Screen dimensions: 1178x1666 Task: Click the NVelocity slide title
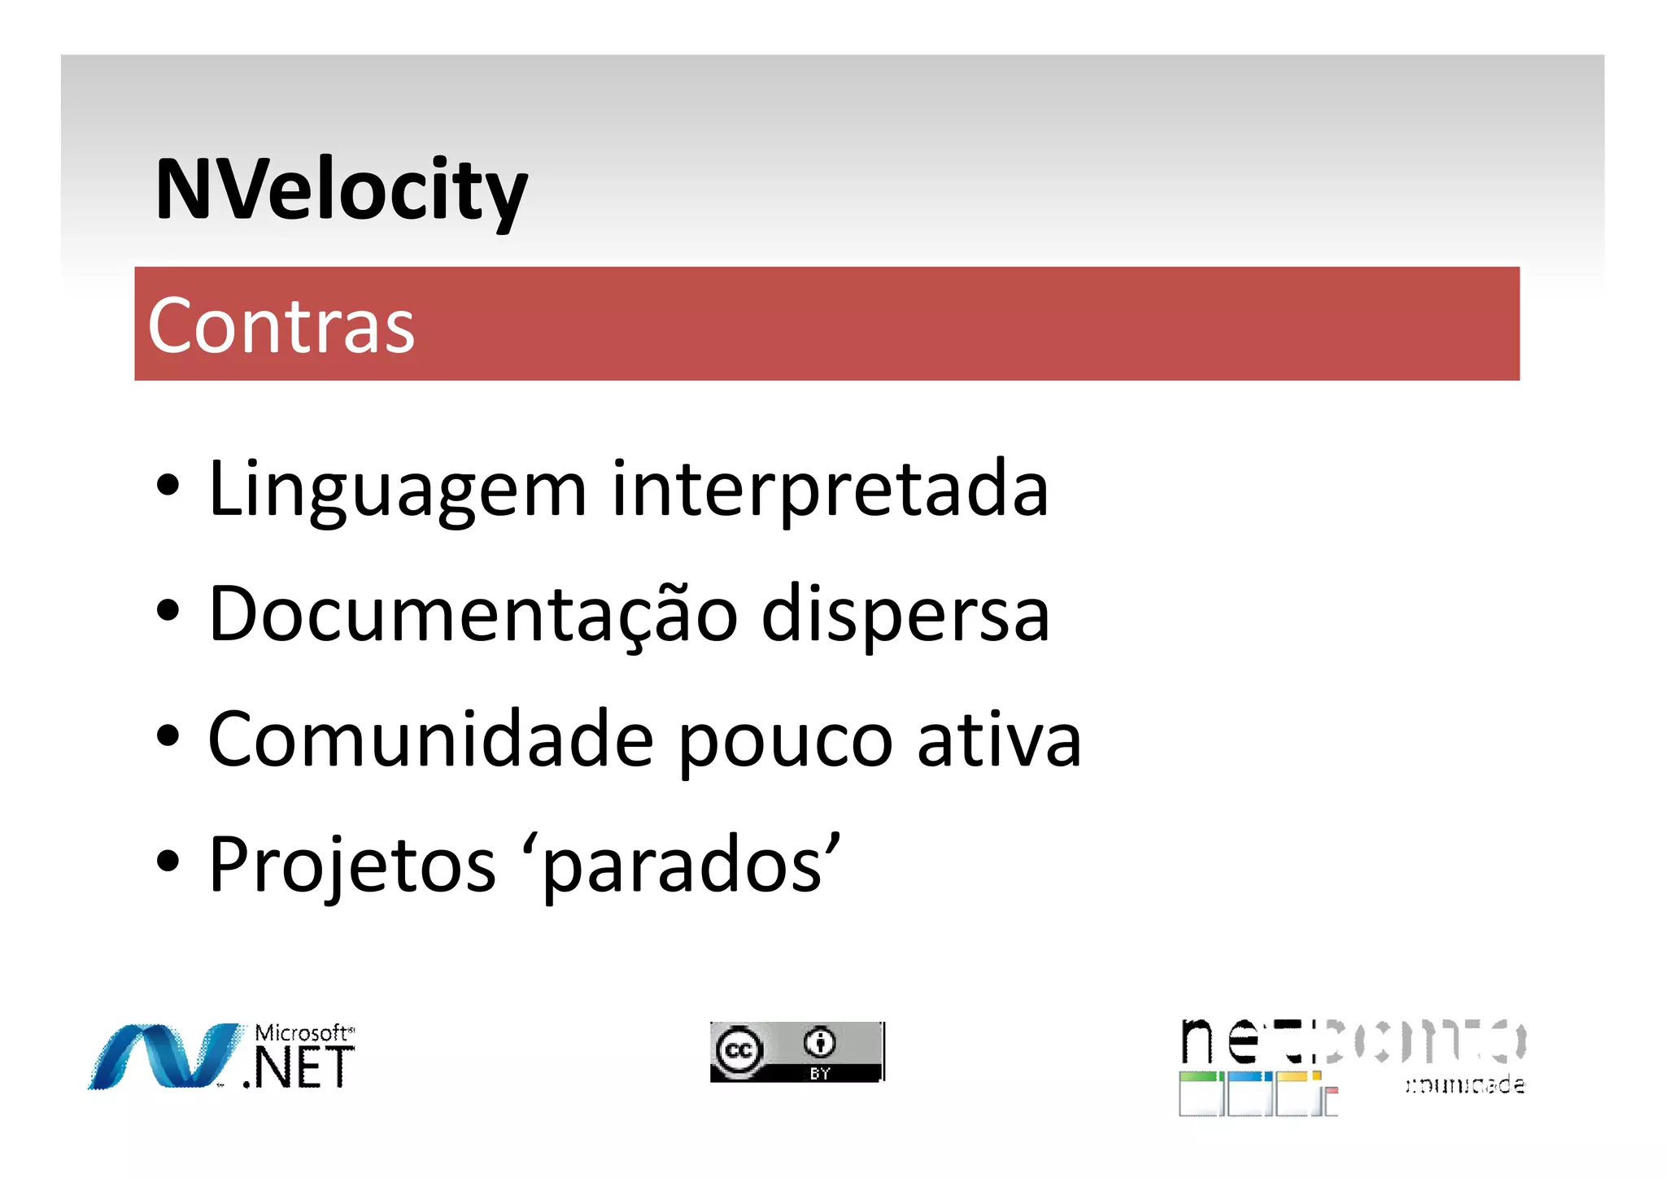click(x=341, y=190)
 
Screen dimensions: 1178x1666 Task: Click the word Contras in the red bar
click(x=281, y=325)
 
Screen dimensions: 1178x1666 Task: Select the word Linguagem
click(x=397, y=490)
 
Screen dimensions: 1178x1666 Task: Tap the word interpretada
click(x=830, y=490)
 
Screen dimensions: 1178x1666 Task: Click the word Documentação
click(x=473, y=615)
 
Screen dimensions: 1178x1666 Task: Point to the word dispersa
click(x=905, y=615)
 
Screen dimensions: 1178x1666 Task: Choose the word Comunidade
click(x=430, y=740)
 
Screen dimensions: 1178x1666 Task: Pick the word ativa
click(x=999, y=740)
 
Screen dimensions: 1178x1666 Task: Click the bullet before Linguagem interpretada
click(x=168, y=486)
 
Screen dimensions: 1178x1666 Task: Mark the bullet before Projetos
click(x=168, y=862)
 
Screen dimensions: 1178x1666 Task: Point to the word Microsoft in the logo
click(x=301, y=1033)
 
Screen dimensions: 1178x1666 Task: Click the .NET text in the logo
click(x=299, y=1068)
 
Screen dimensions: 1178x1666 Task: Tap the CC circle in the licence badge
click(x=739, y=1050)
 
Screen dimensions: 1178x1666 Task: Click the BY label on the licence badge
click(x=819, y=1074)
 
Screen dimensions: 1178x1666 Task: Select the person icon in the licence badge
click(x=819, y=1042)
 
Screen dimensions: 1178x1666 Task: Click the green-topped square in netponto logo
click(x=1200, y=1094)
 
